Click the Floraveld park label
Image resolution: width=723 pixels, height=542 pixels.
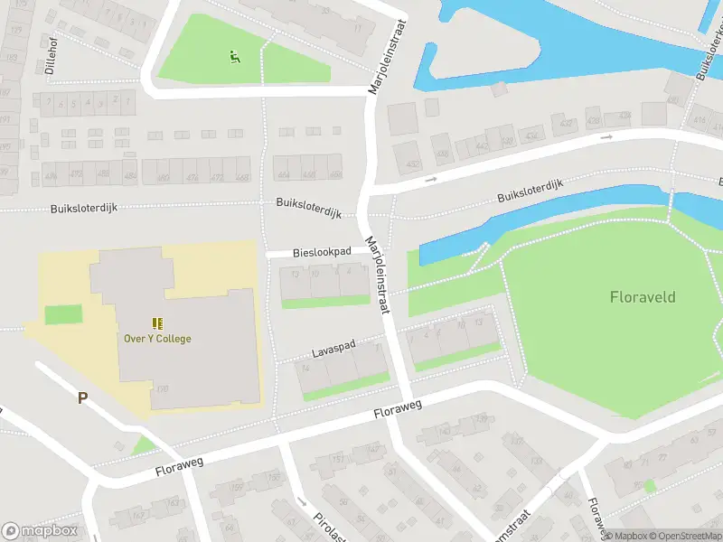[x=643, y=296]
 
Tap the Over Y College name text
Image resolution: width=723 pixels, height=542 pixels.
[x=157, y=339]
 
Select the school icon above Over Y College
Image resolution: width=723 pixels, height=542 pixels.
[x=157, y=322]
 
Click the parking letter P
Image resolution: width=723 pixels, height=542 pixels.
[x=82, y=397]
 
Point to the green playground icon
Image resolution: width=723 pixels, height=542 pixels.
[x=235, y=58]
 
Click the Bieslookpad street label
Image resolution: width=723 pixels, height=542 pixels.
[x=322, y=252]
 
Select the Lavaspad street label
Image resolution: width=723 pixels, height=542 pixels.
[x=334, y=347]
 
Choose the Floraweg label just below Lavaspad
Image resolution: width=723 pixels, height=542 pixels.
[x=399, y=411]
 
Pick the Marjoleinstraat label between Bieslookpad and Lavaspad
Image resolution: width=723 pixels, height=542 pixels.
[x=377, y=276]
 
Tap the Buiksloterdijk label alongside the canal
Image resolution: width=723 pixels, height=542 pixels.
[x=530, y=191]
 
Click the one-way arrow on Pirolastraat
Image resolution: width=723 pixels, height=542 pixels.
[x=302, y=501]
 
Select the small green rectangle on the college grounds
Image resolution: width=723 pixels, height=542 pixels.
[x=62, y=315]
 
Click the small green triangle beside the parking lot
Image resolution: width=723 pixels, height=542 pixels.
[x=142, y=445]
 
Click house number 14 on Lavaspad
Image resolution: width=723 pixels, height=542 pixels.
[x=305, y=368]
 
